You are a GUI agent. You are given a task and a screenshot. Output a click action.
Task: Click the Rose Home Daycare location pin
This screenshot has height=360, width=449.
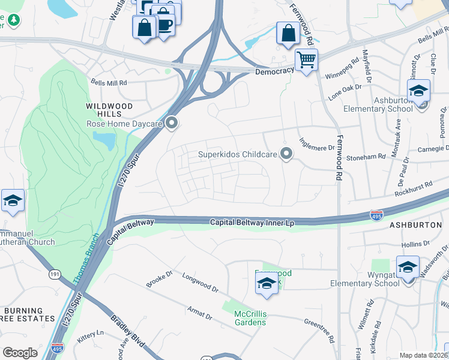[x=172, y=124]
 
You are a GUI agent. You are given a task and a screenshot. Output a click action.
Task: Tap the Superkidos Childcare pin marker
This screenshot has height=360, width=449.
[x=286, y=154]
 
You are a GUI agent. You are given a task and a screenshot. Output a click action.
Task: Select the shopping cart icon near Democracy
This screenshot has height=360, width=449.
[x=306, y=60]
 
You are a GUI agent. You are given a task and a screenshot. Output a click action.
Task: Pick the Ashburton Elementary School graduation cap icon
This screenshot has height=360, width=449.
[x=418, y=91]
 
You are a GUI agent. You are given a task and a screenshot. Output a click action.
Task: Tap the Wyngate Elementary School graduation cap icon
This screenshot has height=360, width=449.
[x=408, y=267]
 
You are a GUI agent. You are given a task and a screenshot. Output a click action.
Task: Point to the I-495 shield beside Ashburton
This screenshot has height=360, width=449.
[x=376, y=214]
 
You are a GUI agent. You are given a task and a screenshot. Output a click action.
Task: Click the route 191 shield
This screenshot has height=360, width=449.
[x=55, y=274]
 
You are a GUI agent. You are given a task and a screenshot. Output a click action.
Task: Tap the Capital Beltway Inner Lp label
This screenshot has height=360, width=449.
[x=252, y=223]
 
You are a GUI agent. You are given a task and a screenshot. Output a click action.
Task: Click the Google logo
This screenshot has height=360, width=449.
[x=20, y=353]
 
